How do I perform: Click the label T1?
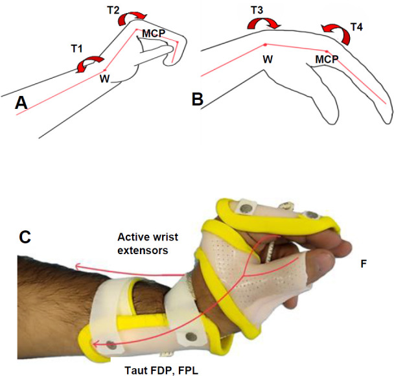point(76,49)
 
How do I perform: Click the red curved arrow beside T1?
point(90,63)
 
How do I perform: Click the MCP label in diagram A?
point(153,33)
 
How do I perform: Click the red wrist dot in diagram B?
point(266,44)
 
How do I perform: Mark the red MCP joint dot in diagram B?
point(327,50)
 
